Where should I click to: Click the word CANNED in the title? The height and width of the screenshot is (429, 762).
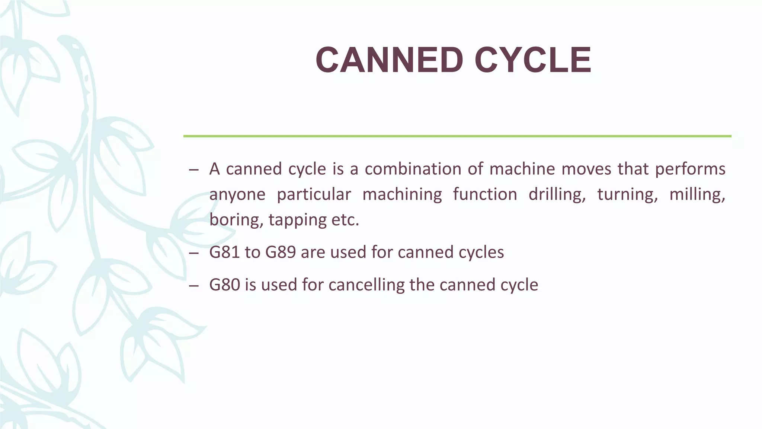(389, 60)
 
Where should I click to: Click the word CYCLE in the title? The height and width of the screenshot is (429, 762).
(533, 60)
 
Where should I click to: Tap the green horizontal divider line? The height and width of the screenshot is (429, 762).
(457, 136)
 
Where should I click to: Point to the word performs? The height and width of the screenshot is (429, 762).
(690, 169)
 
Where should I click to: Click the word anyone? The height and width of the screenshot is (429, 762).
(237, 194)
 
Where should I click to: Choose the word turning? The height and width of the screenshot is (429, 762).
(627, 194)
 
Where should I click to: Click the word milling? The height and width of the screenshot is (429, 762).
(697, 194)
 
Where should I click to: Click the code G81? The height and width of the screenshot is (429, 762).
(224, 252)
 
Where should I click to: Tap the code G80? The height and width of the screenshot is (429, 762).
(224, 285)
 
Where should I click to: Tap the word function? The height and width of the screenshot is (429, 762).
(485, 194)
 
